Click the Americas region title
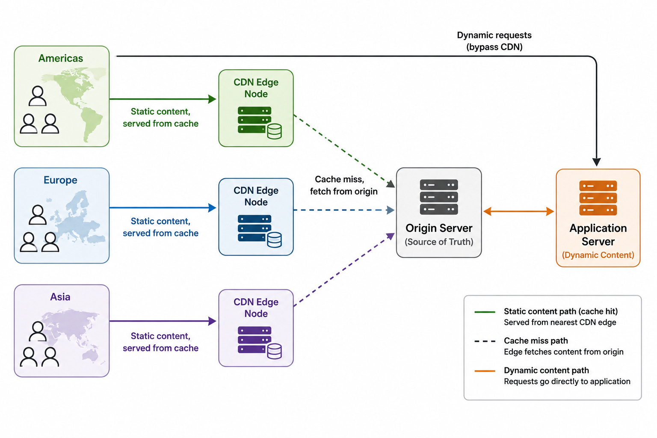click(x=61, y=58)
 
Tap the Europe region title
click(x=60, y=180)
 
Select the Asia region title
click(x=60, y=296)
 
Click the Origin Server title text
click(x=439, y=228)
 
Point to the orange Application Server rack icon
click(x=598, y=198)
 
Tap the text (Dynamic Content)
click(x=598, y=255)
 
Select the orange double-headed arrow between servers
click(x=518, y=211)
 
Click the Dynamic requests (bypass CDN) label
click(x=494, y=41)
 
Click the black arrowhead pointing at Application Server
click(x=596, y=162)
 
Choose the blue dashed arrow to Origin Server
click(x=344, y=210)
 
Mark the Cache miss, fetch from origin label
click(x=343, y=185)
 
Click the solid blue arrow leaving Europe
click(x=163, y=208)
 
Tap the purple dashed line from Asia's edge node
click(x=344, y=269)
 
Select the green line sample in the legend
click(x=485, y=312)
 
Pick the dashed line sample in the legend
click(x=485, y=341)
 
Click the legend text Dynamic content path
click(x=546, y=370)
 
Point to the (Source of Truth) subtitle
click(x=439, y=242)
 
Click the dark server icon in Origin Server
click(x=439, y=197)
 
